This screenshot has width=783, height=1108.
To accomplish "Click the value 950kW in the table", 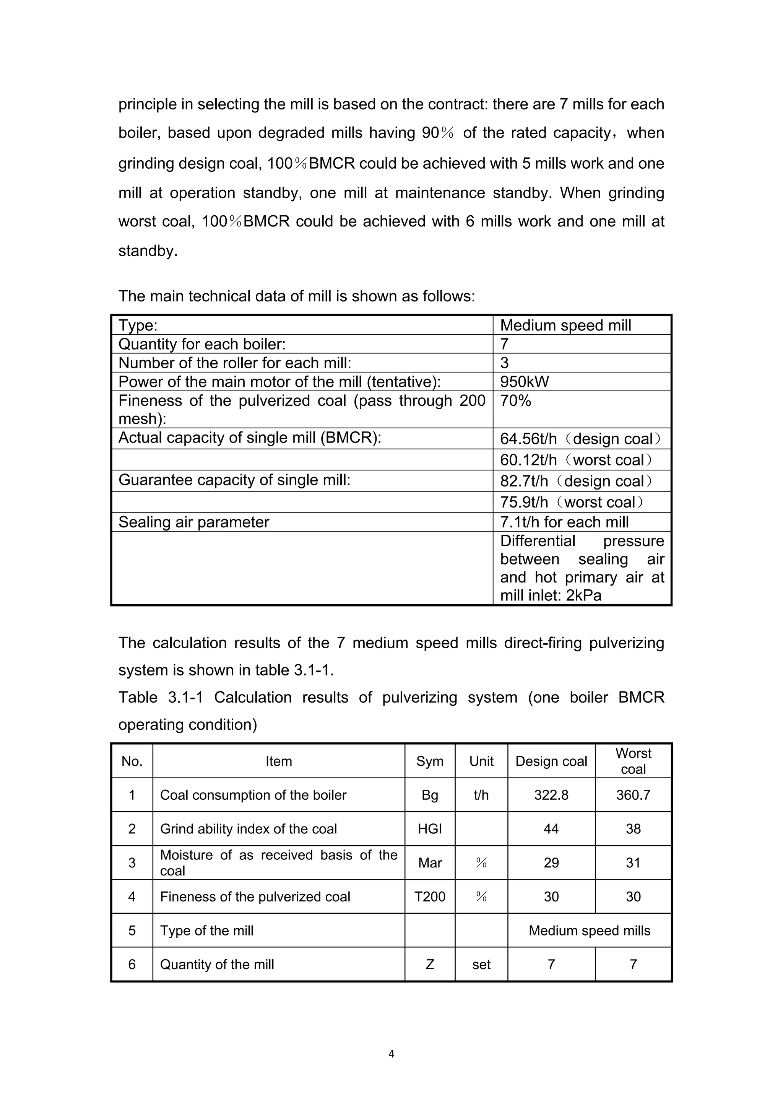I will click(525, 382).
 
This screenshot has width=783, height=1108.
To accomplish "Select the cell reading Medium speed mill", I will click(565, 325).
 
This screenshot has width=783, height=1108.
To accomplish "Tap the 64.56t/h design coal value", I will click(580, 439).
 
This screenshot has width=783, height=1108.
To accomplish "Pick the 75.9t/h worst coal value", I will click(572, 502).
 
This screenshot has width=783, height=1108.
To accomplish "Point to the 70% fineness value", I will click(515, 400).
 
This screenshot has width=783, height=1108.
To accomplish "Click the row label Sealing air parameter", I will click(193, 522).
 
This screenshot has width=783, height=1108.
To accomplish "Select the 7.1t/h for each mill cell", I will click(564, 522).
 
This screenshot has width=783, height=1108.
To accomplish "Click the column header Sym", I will click(429, 761).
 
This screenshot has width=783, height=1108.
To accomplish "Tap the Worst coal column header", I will click(633, 761).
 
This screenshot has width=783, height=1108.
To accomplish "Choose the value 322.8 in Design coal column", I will click(551, 795).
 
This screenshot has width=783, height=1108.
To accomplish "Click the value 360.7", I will click(633, 795).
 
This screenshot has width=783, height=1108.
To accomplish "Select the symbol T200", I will click(429, 896).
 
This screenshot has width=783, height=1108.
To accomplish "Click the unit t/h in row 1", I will click(481, 795).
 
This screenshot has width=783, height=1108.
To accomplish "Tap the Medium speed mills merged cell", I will click(589, 931).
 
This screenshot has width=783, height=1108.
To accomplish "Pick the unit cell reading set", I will click(481, 964).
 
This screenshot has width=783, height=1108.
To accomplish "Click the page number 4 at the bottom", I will click(391, 1054).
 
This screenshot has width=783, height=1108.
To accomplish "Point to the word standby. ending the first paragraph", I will click(148, 251).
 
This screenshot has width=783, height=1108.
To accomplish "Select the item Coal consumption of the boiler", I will click(253, 795).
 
